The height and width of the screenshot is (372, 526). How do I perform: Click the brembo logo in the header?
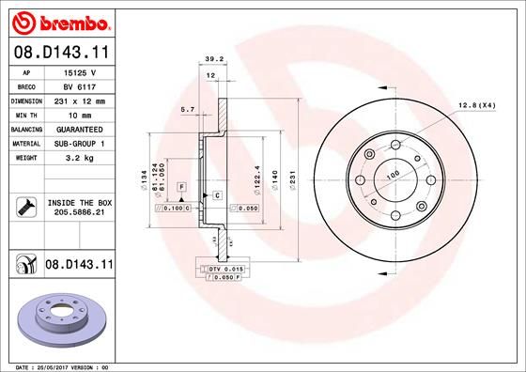[61, 23]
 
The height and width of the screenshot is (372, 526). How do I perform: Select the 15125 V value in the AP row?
[80, 72]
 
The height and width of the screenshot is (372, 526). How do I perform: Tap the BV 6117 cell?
[80, 86]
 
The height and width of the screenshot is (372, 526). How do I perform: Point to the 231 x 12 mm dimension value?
[80, 101]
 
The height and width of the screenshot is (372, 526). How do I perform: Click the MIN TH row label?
[26, 116]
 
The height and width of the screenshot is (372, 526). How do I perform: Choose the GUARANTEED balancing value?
[80, 130]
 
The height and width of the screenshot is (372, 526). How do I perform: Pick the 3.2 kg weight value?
[80, 158]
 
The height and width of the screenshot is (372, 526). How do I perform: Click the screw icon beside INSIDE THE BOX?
[26, 207]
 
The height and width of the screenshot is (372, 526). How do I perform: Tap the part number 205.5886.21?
[80, 212]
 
